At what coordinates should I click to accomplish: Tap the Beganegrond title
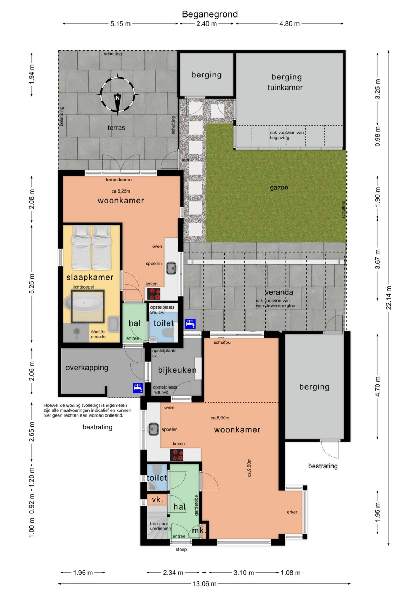[x=210, y=14]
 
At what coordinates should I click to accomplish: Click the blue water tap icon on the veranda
[x=190, y=323]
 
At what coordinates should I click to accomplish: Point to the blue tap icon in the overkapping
[x=138, y=388]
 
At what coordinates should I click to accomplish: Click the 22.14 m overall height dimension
[x=388, y=298]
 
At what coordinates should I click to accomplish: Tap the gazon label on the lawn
[x=279, y=188]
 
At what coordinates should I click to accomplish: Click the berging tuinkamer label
[x=286, y=82]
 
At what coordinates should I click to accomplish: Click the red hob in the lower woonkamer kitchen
[x=177, y=455]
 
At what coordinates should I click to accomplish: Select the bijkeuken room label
[x=177, y=370]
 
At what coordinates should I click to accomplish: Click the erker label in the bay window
[x=292, y=512]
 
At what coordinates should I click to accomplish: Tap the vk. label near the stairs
[x=157, y=499]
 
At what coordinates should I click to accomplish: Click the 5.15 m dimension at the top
[x=120, y=23]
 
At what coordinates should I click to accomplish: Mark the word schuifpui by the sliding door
[x=223, y=342]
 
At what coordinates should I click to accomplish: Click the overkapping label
[x=87, y=368]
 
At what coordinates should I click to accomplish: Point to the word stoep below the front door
[x=181, y=549]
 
